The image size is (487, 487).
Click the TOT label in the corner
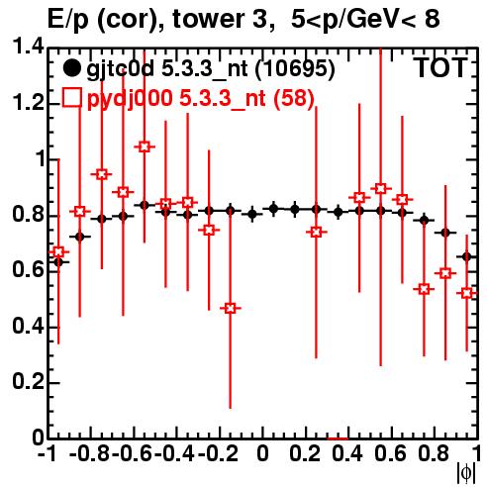tap(440, 67)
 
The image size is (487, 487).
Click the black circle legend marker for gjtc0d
tap(71, 68)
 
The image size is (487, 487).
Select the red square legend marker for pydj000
tap(71, 97)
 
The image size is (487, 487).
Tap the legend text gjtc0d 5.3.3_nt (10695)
tap(211, 69)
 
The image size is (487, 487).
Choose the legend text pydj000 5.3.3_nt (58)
tap(201, 98)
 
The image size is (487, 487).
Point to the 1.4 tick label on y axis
tap(28, 47)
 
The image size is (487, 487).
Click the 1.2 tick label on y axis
tap(28, 103)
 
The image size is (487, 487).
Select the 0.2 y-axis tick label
tap(28, 381)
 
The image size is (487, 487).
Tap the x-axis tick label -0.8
tap(90, 454)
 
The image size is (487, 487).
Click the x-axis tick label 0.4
tap(347, 454)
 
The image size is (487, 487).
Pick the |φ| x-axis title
tap(466, 474)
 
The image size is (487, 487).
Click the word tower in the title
tap(219, 19)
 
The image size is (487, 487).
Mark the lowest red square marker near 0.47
tap(231, 308)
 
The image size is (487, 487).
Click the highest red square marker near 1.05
tap(145, 146)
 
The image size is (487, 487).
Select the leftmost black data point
tap(58, 262)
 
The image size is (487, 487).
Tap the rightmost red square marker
tap(466, 293)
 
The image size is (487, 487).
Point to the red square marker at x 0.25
tap(316, 233)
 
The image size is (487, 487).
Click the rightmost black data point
tap(466, 256)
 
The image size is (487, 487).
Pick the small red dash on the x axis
tap(338, 438)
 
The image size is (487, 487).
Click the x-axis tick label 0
tap(262, 454)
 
